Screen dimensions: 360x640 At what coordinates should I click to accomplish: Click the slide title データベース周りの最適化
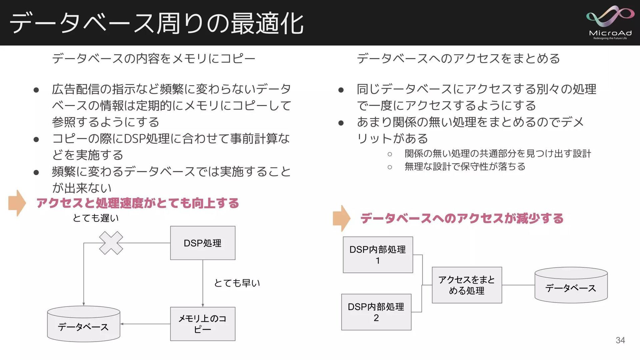click(157, 23)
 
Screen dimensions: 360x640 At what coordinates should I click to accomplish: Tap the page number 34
click(620, 340)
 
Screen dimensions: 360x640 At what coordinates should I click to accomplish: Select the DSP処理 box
click(203, 243)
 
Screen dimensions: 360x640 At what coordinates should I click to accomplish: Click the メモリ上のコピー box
click(203, 324)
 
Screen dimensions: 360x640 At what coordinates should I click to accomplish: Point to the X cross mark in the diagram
click(111, 243)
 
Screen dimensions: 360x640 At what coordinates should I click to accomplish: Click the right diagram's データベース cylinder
click(571, 285)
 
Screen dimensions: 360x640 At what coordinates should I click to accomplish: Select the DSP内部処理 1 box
click(378, 255)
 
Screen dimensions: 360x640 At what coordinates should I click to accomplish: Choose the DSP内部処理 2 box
click(376, 312)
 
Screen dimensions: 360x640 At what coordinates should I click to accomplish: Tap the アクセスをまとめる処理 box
click(467, 285)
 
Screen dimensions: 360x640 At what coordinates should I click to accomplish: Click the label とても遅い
click(96, 218)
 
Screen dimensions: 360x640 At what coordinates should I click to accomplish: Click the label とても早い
click(237, 283)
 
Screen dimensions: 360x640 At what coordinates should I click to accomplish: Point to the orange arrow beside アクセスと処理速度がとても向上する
click(17, 203)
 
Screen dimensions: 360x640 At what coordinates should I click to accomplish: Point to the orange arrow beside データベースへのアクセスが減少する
click(342, 218)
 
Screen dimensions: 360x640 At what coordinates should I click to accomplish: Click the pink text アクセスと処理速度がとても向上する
click(138, 203)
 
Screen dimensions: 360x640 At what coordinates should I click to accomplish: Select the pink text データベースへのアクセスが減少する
click(462, 218)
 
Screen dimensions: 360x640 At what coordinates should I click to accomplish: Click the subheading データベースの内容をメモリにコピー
click(154, 59)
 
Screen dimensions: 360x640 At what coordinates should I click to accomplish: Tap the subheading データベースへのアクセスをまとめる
click(458, 59)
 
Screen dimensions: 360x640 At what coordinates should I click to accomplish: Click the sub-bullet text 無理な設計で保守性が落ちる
click(465, 166)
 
